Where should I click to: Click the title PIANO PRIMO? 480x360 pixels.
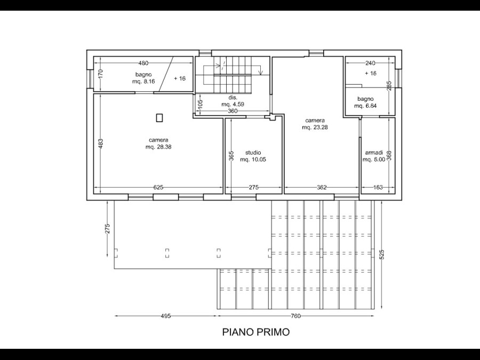(256, 332)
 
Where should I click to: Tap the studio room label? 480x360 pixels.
(253, 153)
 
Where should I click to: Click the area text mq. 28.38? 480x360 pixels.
(158, 147)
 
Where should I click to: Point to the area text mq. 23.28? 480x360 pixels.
(315, 127)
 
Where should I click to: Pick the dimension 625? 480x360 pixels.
(158, 187)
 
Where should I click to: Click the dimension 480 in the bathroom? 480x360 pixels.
(143, 63)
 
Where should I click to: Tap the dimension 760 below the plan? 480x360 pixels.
(295, 316)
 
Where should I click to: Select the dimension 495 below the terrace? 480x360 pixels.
(166, 316)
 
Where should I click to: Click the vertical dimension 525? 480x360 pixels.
(381, 254)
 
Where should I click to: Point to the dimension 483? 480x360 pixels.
(101, 143)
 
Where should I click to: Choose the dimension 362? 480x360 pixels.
(322, 187)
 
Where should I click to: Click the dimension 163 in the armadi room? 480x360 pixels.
(378, 187)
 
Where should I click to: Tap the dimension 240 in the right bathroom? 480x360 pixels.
(370, 63)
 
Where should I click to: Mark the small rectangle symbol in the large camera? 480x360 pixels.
(159, 118)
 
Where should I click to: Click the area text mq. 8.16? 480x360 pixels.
(143, 82)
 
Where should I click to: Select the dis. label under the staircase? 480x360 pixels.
(233, 98)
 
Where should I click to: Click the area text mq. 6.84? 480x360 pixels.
(365, 106)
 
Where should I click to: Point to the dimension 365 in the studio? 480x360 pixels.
(231, 156)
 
